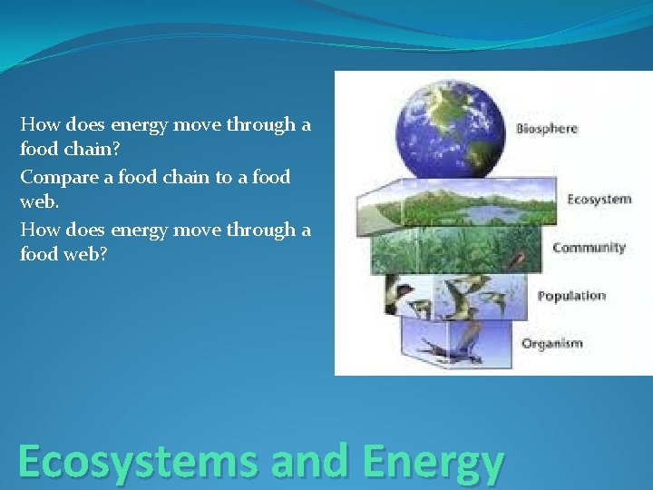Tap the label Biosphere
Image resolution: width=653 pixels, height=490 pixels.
(547, 129)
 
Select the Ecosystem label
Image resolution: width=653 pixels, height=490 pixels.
(599, 199)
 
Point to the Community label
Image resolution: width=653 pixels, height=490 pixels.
(589, 248)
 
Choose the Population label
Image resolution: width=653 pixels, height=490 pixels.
(571, 296)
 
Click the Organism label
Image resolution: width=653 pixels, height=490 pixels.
(551, 344)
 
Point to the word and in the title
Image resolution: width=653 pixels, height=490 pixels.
(309, 461)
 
